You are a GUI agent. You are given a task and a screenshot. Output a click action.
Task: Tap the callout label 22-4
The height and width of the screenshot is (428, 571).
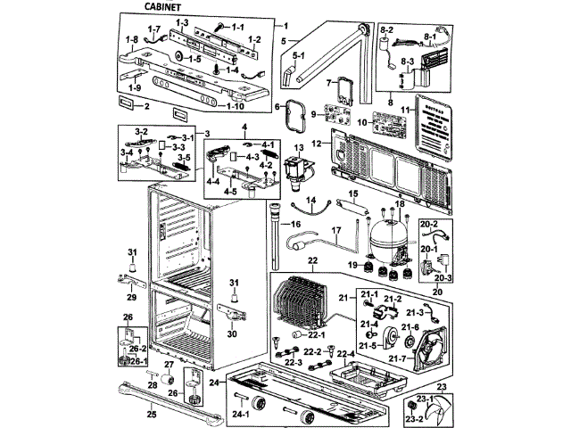[x=346, y=354]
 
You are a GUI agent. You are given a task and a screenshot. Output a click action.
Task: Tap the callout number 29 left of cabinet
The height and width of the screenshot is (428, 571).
[x=131, y=296]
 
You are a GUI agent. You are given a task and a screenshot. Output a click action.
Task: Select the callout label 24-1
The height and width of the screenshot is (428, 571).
[x=241, y=416]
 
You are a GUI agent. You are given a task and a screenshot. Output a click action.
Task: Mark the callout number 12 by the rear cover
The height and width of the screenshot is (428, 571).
[x=317, y=144]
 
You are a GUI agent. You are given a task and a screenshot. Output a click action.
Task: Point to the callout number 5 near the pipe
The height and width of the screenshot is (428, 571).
[x=284, y=41]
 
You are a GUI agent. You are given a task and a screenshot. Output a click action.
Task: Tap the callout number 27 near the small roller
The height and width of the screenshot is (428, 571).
[x=168, y=366]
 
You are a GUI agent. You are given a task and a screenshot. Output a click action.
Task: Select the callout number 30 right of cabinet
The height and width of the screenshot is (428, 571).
[x=232, y=334]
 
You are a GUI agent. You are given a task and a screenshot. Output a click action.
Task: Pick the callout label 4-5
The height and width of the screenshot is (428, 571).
[x=230, y=190]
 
